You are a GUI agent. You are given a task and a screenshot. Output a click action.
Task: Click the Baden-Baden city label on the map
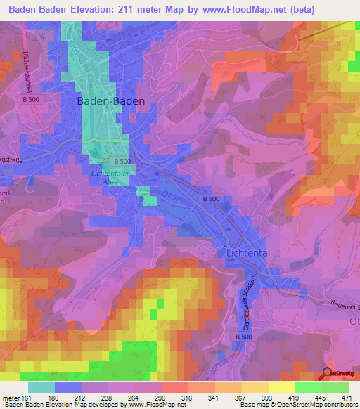click(x=110, y=101)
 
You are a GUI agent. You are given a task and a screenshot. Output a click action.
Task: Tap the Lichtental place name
click(x=248, y=252)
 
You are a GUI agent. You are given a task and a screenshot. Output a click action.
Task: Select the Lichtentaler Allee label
click(x=111, y=176)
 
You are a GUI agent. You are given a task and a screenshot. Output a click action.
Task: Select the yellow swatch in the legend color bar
click(x=281, y=387)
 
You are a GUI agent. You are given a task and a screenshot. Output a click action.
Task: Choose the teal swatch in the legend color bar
click(x=41, y=387)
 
